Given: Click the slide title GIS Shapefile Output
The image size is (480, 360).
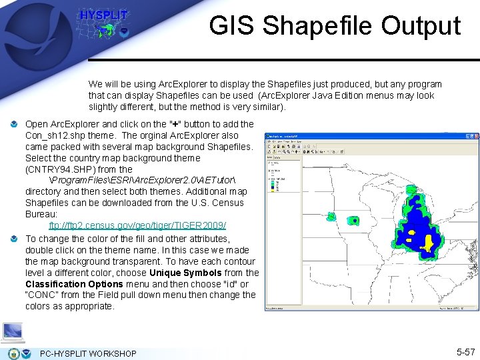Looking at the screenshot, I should [335, 26].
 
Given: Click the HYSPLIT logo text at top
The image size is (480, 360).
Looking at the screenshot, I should [103, 15].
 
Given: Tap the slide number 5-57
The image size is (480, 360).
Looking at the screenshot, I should [465, 351].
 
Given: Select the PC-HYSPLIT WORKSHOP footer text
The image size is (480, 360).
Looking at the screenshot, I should [88, 353].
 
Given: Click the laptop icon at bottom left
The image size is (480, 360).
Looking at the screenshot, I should [13, 332].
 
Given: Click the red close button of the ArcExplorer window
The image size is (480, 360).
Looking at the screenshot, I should [474, 137].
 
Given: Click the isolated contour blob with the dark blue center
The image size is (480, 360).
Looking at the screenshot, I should [355, 221].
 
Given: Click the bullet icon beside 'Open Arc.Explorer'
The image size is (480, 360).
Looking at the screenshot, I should [15, 125].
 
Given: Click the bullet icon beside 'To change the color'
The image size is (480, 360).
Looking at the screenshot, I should [15, 239].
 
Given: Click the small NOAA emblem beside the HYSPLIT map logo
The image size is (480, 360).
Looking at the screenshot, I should [123, 31].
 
